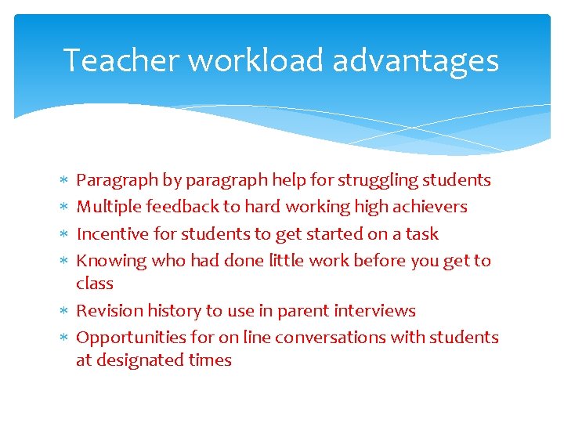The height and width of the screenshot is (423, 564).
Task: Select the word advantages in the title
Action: tap(415, 60)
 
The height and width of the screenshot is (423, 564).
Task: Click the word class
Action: tap(95, 284)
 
